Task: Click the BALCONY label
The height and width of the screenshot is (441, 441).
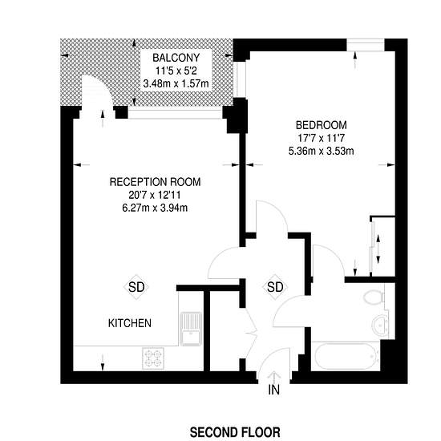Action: (176, 58)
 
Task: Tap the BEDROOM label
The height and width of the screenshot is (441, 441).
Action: (322, 125)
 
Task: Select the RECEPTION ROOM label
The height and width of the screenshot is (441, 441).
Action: (155, 182)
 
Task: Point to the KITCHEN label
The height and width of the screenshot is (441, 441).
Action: (130, 323)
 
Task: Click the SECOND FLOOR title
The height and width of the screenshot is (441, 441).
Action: (235, 432)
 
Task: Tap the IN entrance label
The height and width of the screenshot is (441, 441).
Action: (274, 390)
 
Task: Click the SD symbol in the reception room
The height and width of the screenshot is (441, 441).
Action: (136, 287)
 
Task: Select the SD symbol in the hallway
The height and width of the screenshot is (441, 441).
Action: (275, 287)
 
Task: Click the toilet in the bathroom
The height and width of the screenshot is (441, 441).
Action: (374, 297)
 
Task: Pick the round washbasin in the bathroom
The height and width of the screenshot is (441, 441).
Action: (380, 324)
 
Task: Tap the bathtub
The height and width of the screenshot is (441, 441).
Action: (346, 356)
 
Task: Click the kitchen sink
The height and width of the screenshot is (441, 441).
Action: (191, 329)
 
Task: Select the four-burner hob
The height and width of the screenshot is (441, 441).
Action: (153, 358)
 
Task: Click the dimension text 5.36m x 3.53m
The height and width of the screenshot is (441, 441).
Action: (322, 151)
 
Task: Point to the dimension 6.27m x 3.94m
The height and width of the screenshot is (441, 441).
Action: (155, 208)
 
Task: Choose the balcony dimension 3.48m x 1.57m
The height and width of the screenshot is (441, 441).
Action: (176, 83)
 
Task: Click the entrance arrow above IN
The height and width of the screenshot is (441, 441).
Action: (273, 377)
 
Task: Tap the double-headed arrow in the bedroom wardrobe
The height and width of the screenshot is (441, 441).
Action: (378, 249)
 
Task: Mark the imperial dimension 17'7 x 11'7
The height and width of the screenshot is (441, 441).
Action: (322, 138)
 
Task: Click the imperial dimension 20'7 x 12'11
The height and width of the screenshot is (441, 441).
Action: (155, 195)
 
